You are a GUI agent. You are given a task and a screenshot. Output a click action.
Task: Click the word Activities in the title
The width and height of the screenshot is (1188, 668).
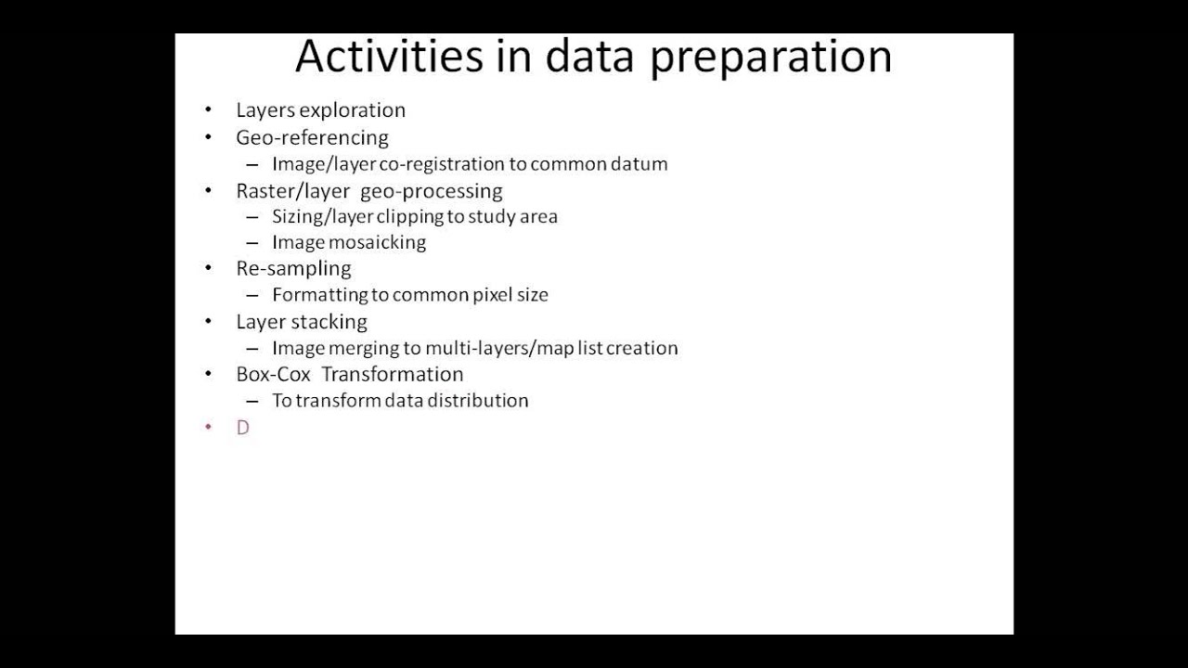point(389,56)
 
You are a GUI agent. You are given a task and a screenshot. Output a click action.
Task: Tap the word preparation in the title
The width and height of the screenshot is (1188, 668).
point(770,58)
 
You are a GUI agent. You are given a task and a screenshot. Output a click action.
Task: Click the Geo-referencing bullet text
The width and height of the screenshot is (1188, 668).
point(312,137)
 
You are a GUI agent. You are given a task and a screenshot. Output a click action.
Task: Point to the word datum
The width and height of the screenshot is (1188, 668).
point(639,164)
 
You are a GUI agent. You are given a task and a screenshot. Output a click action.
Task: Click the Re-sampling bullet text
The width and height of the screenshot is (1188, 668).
point(293,269)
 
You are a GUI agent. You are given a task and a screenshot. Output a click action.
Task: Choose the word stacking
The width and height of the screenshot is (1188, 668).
point(329,322)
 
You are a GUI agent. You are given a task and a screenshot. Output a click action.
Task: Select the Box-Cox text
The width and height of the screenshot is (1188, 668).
point(273,375)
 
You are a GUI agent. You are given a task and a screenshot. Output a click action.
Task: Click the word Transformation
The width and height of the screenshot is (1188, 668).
point(392,375)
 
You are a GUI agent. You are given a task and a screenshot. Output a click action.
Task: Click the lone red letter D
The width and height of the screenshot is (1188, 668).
point(243,428)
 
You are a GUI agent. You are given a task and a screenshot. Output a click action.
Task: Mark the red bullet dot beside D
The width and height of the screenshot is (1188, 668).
point(209,427)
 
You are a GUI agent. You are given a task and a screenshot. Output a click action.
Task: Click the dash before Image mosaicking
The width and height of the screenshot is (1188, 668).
point(252,243)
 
